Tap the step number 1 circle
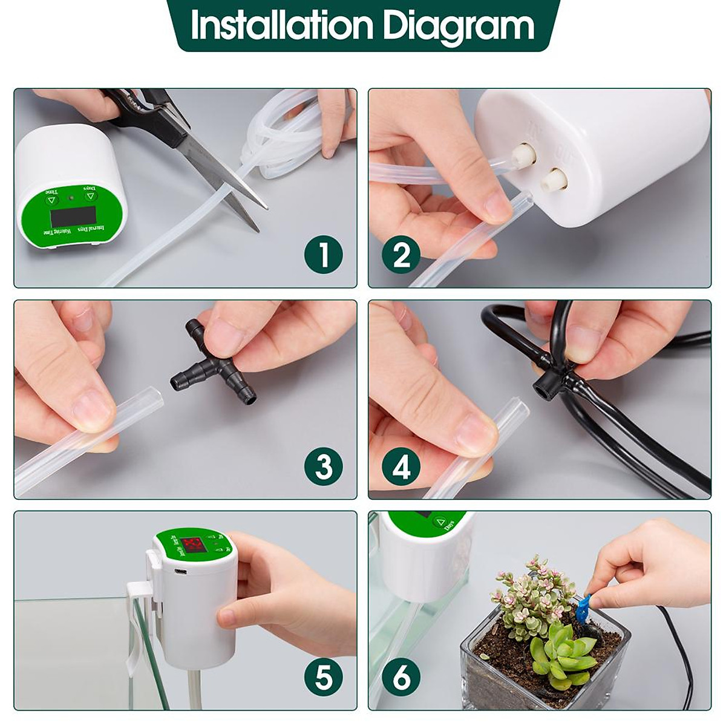(x=324, y=255)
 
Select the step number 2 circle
(x=402, y=255)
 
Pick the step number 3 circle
(x=324, y=467)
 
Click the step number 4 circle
(x=402, y=467)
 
